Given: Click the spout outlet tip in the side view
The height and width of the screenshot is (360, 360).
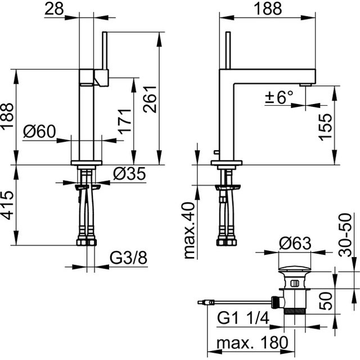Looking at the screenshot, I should point(306,84).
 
